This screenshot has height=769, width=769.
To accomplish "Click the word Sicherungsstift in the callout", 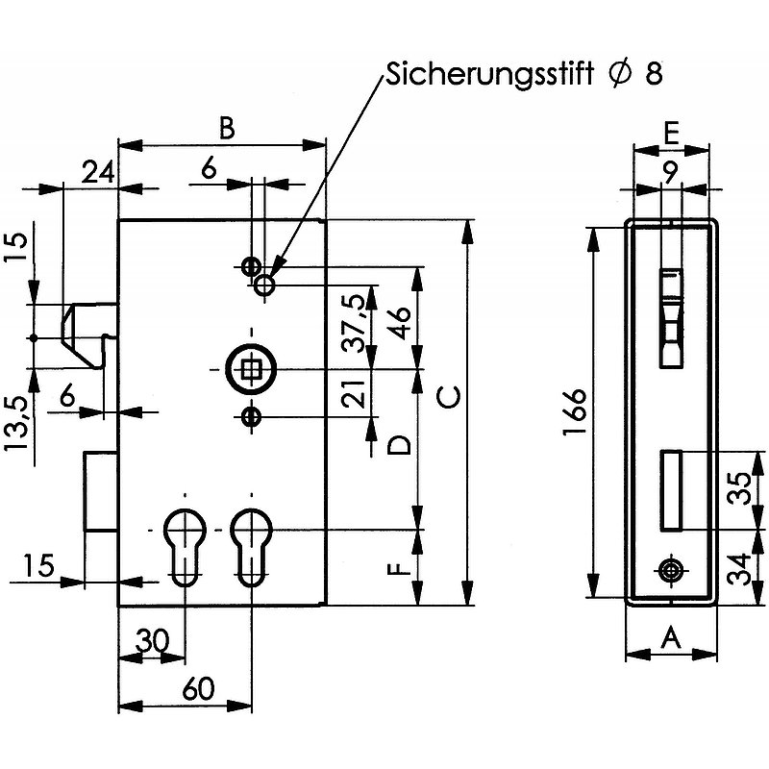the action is coord(489,75).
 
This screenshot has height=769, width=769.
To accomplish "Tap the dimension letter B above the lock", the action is coord(226,128).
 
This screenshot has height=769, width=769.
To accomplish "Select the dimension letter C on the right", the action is coord(449,397).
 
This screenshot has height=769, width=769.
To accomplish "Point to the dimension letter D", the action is coord(398,445).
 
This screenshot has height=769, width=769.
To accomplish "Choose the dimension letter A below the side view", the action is coord(671,639).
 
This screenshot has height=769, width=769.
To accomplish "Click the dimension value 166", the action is coord(574,412).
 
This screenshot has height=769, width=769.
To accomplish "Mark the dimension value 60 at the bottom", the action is coord(198,688).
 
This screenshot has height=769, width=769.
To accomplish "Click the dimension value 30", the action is coord(152,639).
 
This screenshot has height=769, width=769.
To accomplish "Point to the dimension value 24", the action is coord(98,172).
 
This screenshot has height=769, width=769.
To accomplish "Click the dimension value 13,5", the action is coord(18,425).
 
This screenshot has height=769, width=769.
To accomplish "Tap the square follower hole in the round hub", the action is coord(252,369).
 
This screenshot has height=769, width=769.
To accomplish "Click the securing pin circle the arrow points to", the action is coord(263,285).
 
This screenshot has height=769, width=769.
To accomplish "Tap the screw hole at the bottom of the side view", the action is coord(671,570).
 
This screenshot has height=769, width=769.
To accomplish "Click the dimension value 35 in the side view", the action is coord(739,488).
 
